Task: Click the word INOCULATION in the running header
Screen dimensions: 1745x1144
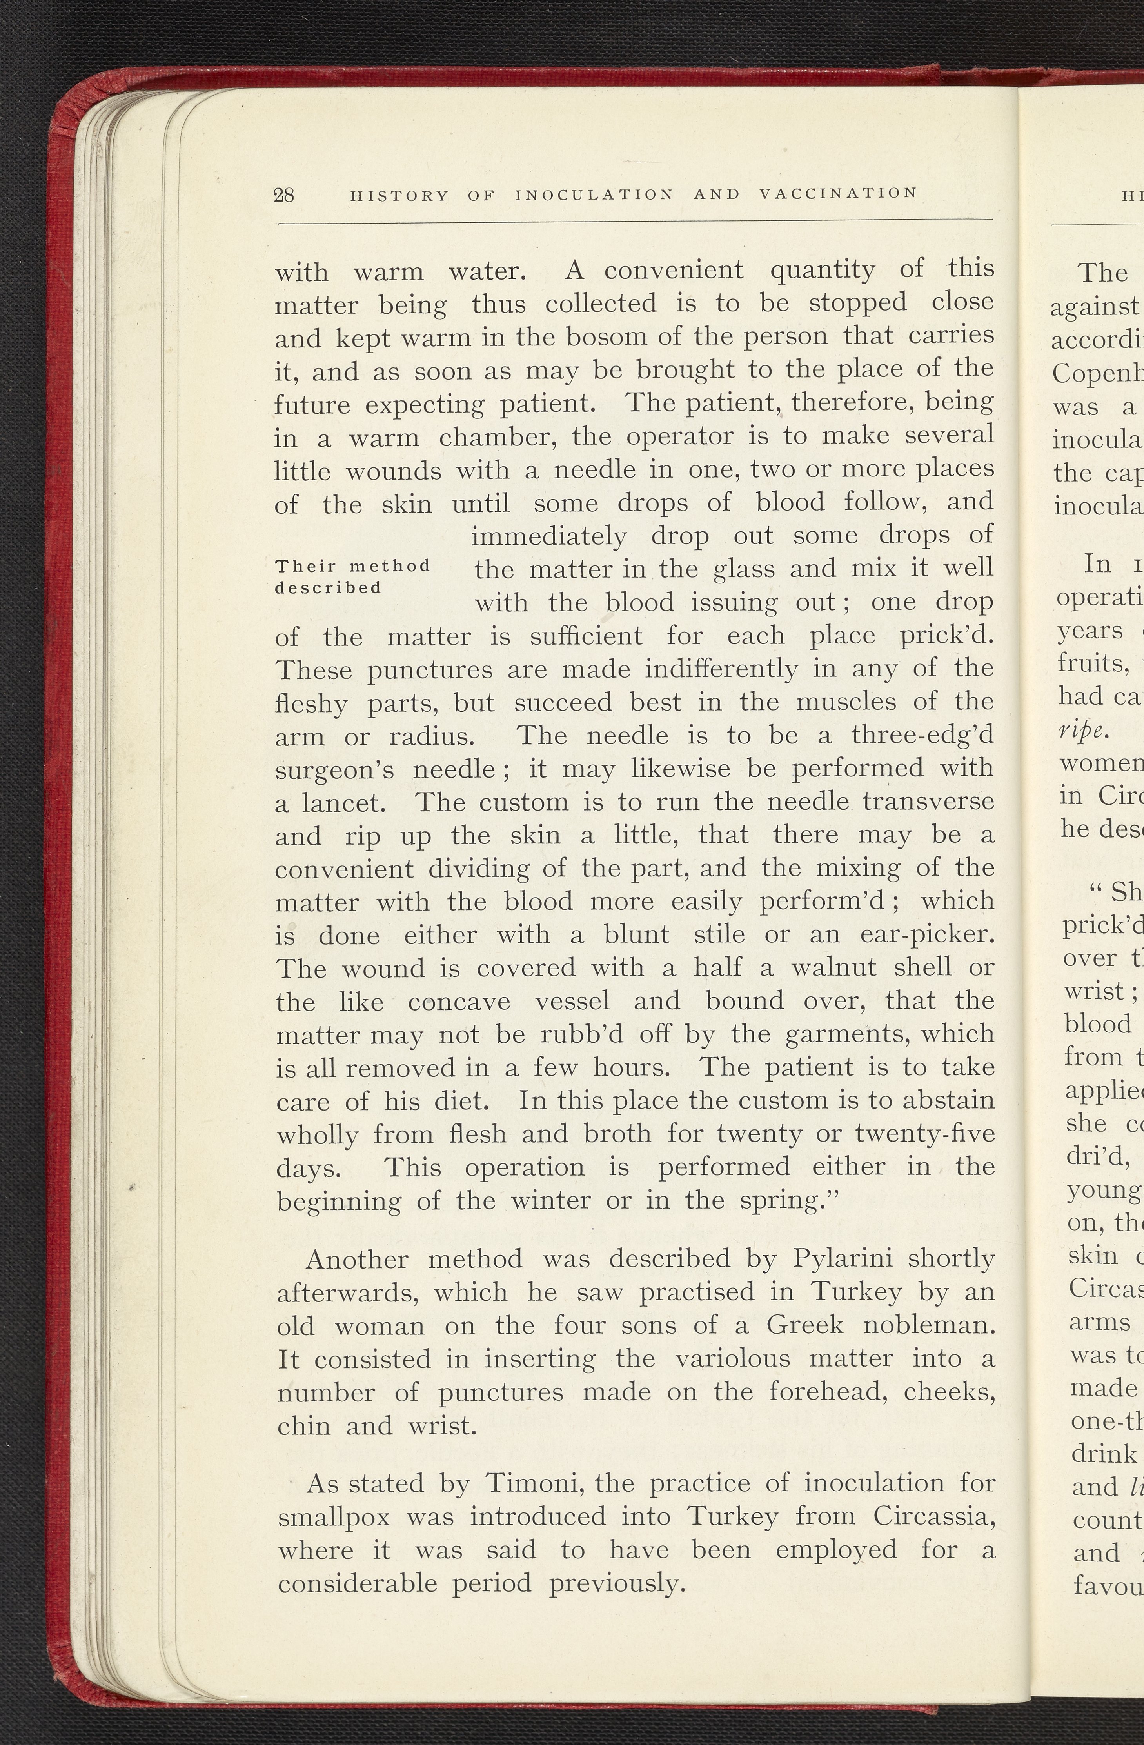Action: tap(594, 195)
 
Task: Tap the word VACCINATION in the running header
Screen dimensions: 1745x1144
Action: tap(838, 194)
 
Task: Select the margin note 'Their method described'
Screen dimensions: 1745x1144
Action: tap(352, 576)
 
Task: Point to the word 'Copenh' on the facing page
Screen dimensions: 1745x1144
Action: tap(1096, 374)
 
